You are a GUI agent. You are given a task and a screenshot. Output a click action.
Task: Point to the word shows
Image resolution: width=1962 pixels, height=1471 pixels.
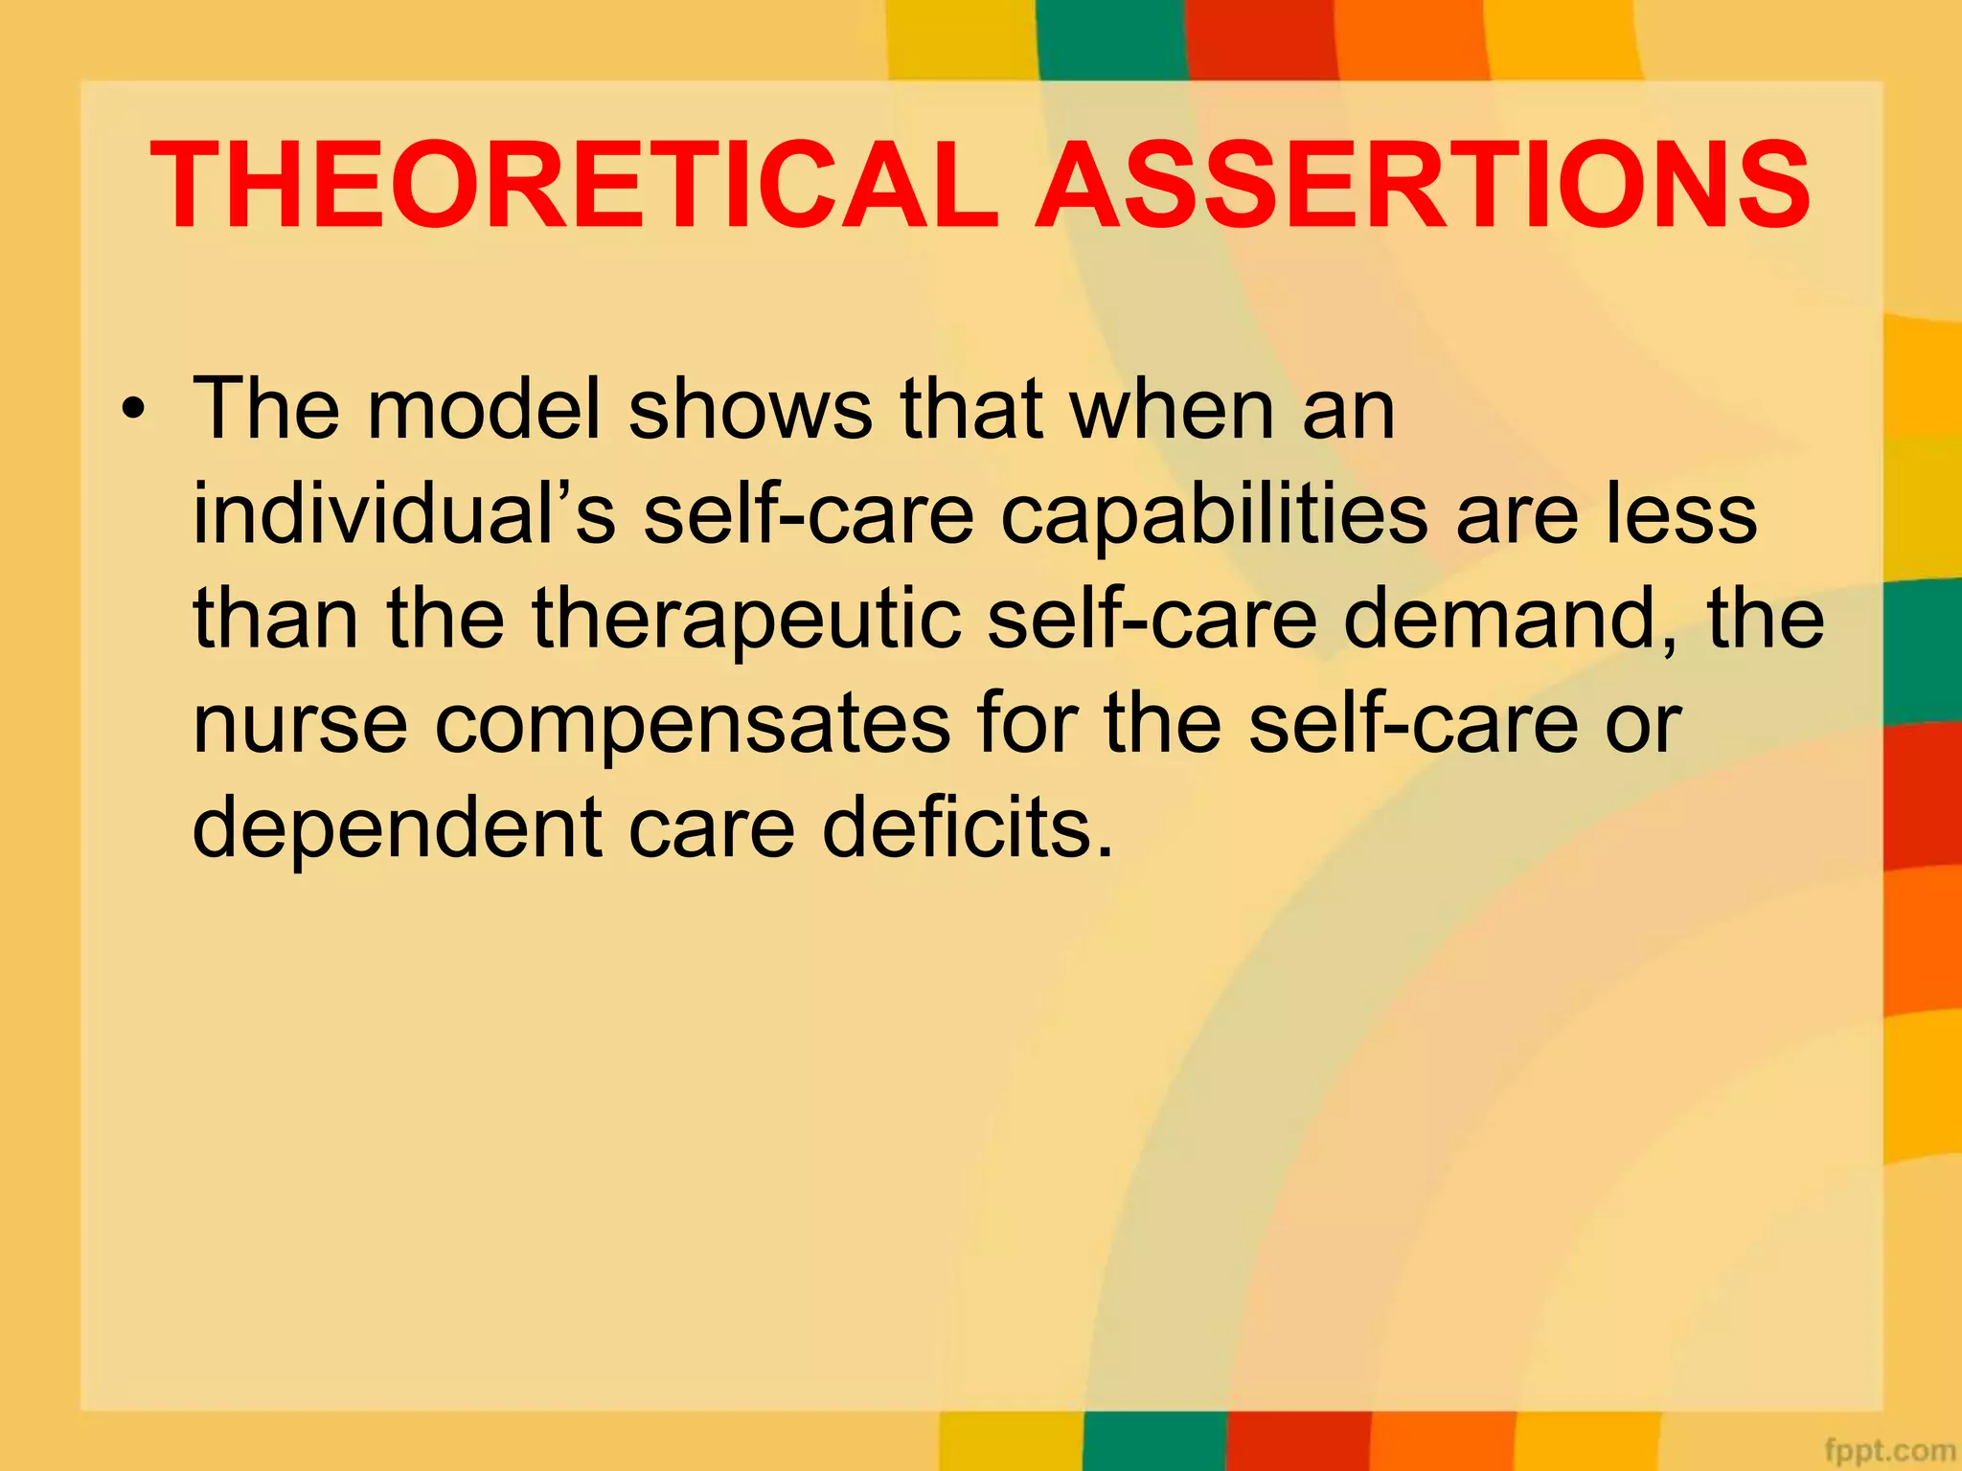pos(750,410)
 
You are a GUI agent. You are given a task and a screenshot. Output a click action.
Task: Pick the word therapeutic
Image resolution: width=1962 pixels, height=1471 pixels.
pos(746,620)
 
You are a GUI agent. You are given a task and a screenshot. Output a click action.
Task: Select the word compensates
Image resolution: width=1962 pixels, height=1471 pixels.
pos(693,725)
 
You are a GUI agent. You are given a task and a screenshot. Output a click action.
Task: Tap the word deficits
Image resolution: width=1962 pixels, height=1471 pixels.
pos(969,828)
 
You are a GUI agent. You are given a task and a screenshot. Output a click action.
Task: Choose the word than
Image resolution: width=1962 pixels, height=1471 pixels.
pos(276,620)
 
